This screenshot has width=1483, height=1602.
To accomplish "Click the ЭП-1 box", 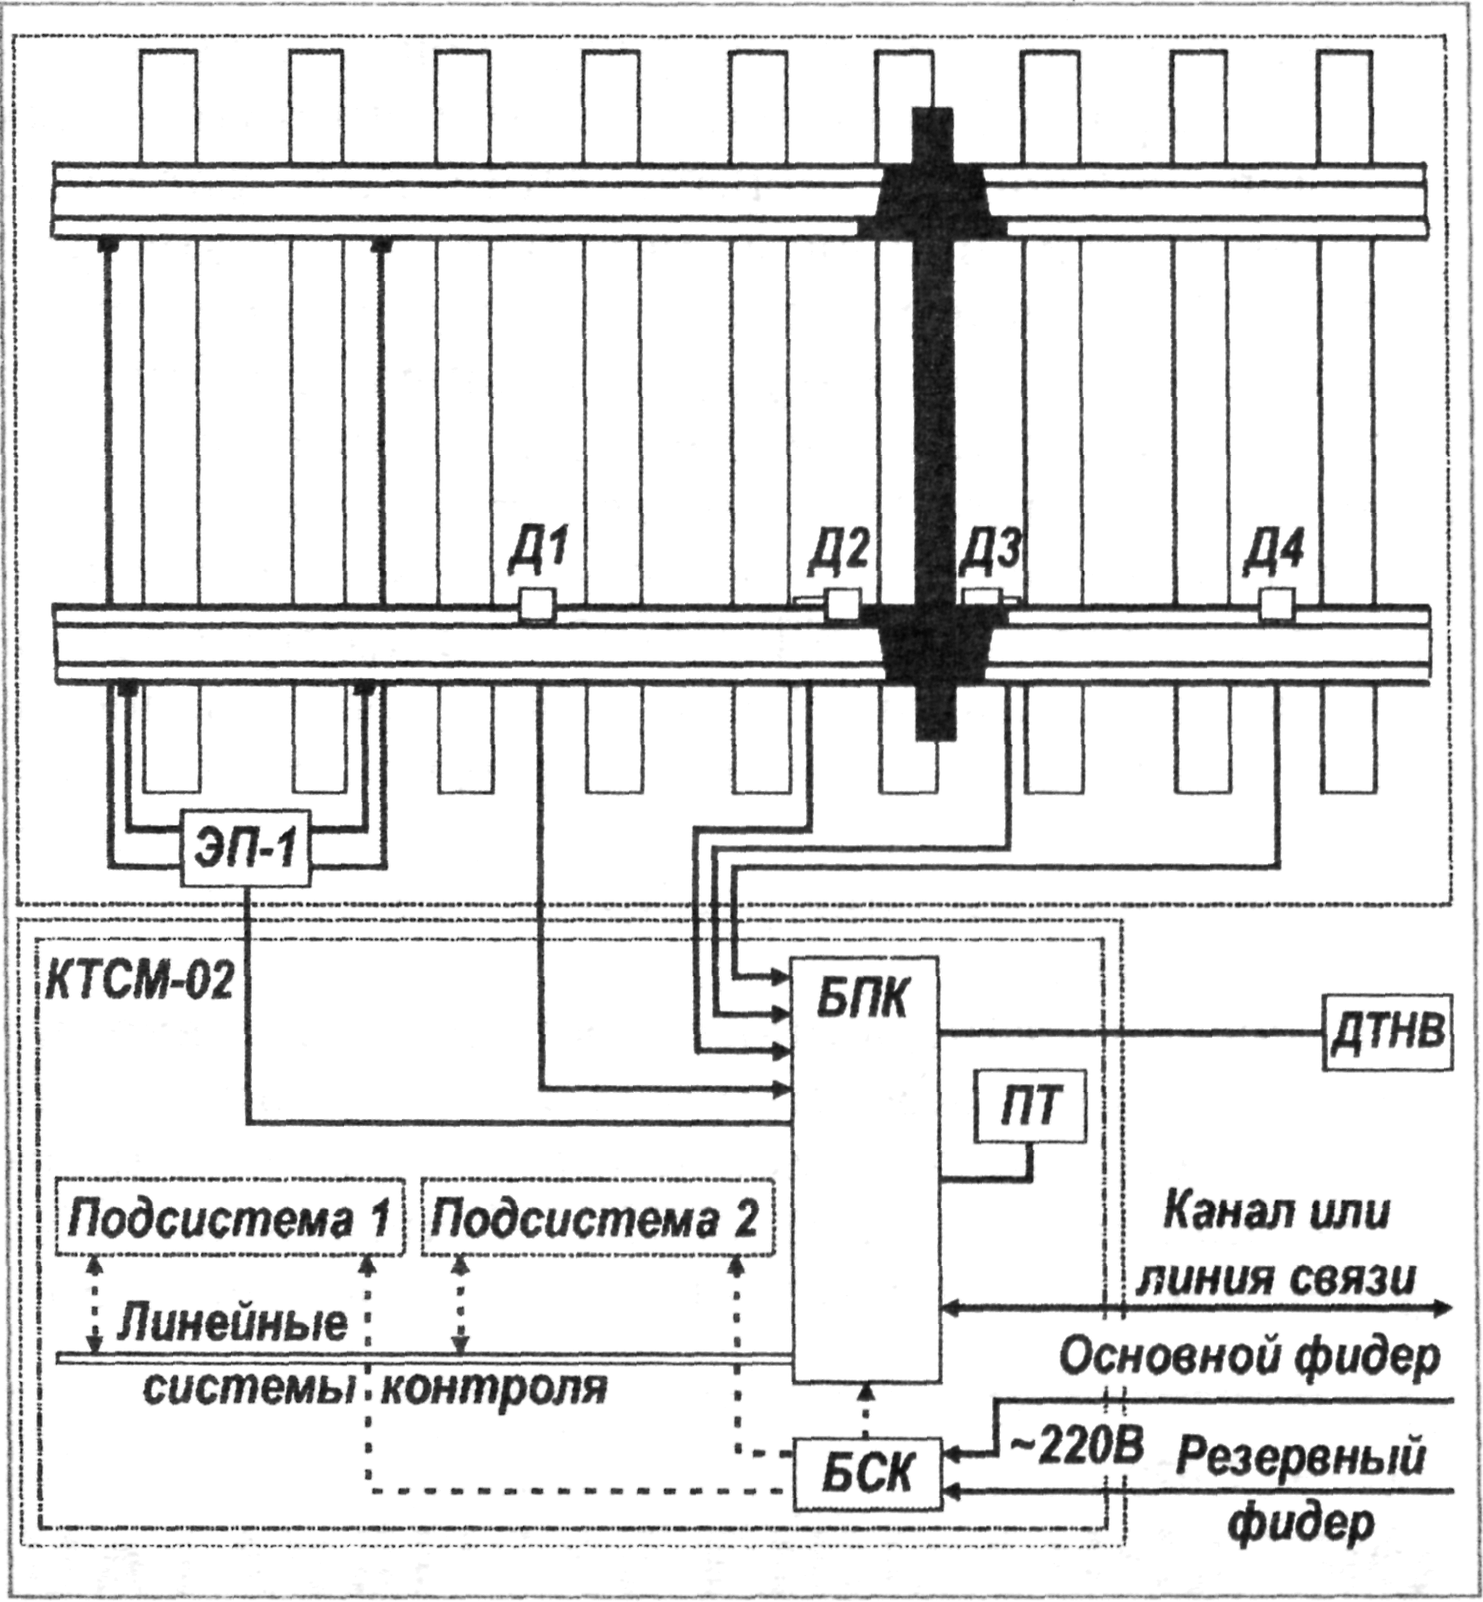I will coord(246,847).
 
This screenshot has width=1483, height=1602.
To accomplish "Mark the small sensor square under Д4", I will coord(1276,604).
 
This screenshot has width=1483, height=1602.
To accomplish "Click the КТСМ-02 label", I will coord(138,984).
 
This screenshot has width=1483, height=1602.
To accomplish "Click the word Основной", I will coord(1172,1356).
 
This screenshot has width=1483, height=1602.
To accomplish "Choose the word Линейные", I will coord(232,1322).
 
